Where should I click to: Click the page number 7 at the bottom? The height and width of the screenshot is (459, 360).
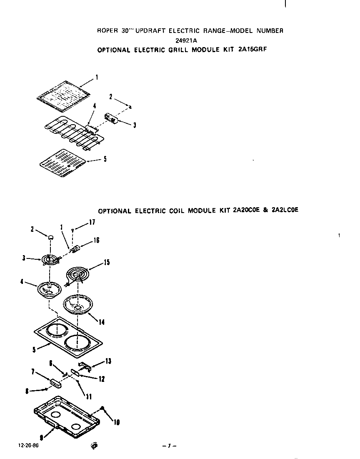point(170,446)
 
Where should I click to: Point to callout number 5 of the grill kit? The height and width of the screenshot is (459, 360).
point(105,159)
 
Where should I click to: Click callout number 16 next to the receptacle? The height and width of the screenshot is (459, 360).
point(97,240)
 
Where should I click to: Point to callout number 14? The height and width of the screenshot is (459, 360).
point(101,322)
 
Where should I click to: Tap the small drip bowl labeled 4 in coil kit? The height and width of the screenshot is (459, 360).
point(49,289)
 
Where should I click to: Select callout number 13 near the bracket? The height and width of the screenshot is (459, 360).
point(108,361)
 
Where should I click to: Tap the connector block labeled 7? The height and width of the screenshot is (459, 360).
point(55,383)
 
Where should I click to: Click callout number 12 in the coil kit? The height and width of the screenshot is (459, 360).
point(101,379)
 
